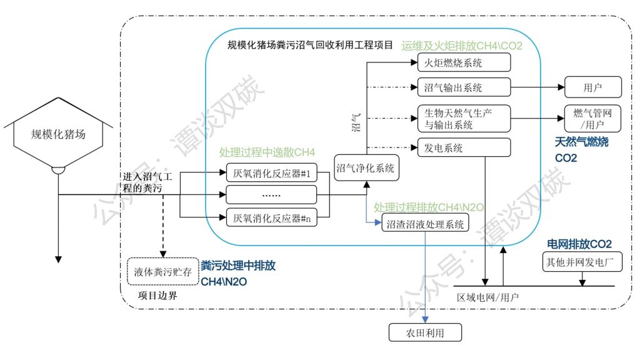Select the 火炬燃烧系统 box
click(464, 63)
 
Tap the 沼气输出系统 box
click(464, 87)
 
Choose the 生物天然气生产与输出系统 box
click(464, 118)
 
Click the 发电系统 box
click(464, 148)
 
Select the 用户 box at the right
click(593, 87)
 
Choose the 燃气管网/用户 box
click(593, 118)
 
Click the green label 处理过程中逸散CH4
click(267, 152)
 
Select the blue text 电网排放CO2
click(579, 243)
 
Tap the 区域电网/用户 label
click(487, 296)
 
